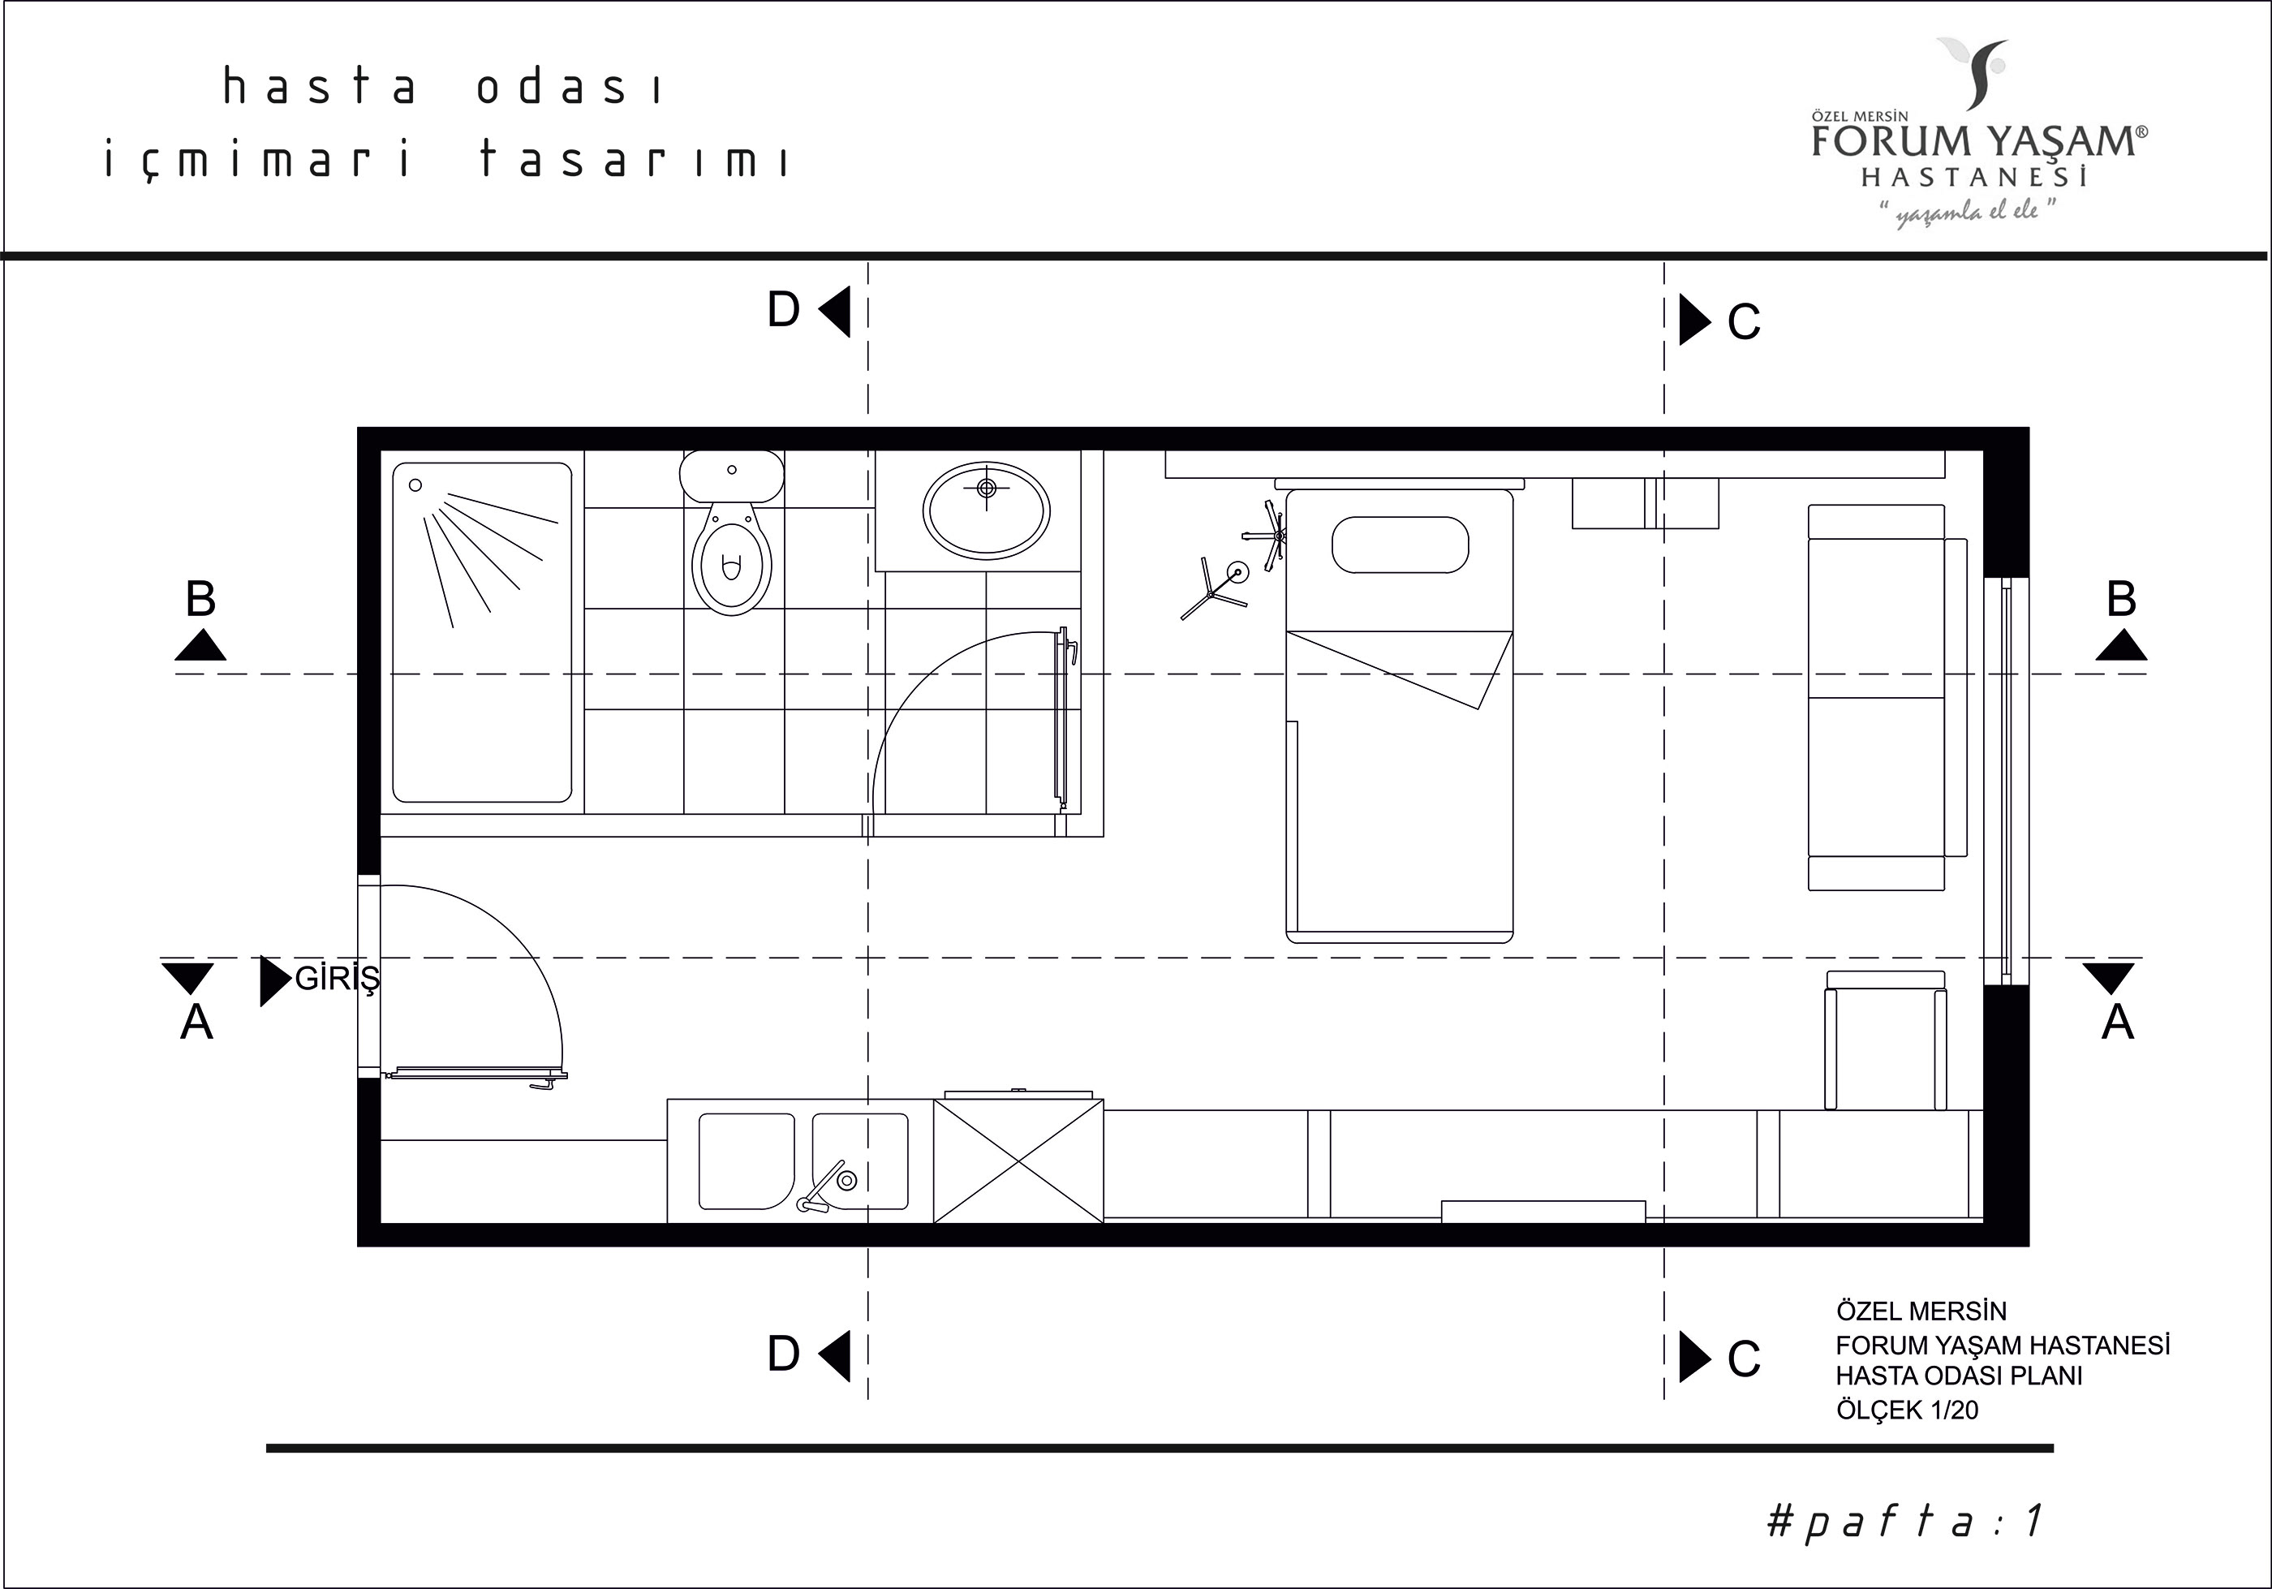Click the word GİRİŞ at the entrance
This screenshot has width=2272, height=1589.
point(338,980)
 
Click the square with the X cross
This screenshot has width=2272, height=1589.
point(1018,1161)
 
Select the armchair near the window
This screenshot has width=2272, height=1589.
point(1885,1039)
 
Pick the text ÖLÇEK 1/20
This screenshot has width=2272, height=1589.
point(1907,1410)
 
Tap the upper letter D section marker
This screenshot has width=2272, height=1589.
point(784,311)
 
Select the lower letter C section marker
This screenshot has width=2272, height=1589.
point(1744,1359)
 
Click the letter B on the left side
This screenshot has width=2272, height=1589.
point(201,600)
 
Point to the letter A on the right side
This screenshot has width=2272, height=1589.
point(2118,1022)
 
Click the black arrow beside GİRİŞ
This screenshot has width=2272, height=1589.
point(274,980)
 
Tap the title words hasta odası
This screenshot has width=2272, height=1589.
point(442,87)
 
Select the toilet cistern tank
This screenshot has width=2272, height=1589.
point(731,475)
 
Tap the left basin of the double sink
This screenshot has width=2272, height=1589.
point(747,1161)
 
